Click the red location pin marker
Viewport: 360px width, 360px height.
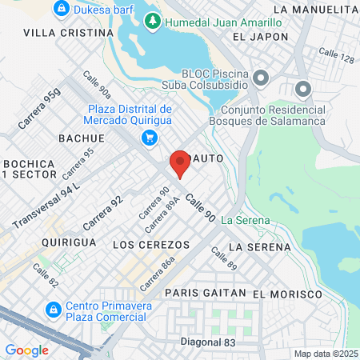point(180,163)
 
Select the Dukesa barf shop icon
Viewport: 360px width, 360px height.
point(61,10)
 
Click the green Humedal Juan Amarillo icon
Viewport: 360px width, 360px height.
point(152,21)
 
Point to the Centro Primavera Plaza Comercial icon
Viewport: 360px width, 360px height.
point(53,308)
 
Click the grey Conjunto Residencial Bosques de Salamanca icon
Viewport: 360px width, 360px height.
point(302,88)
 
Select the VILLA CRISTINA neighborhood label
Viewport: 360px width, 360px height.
point(69,33)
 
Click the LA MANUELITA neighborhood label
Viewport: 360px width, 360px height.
point(314,9)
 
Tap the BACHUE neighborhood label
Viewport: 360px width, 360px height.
point(82,138)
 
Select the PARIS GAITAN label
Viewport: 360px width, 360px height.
point(206,294)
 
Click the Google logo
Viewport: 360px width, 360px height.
point(26,350)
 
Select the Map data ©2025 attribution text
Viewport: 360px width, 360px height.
point(326,354)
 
